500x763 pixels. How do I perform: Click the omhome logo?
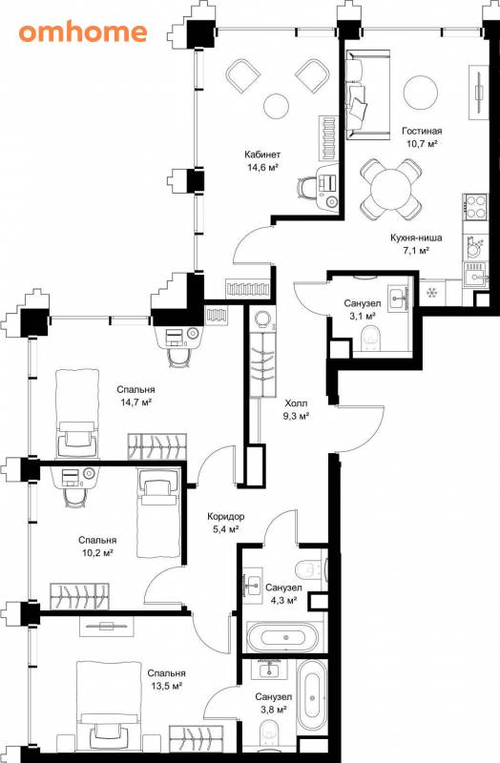coord(83,32)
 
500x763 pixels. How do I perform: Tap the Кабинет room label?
coord(262,155)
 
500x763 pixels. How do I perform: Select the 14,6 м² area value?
coord(262,168)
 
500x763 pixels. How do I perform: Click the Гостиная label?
coord(422,131)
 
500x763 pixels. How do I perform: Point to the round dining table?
coord(390,189)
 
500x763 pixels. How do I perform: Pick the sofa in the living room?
coord(368,94)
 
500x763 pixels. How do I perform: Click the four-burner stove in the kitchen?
coord(474,207)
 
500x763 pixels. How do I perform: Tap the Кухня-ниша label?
coord(416,237)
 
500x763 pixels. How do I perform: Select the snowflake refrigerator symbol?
coord(431,293)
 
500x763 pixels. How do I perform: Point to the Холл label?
coord(296,403)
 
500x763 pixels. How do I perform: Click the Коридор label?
coord(225,516)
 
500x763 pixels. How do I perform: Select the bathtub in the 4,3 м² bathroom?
coord(282,636)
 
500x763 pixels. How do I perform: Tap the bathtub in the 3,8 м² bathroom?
coord(313,697)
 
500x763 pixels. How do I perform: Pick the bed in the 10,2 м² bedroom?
coord(157,512)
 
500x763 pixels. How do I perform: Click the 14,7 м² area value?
coord(135,402)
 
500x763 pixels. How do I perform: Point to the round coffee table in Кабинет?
coord(276,105)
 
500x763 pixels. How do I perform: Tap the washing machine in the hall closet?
coord(263,319)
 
